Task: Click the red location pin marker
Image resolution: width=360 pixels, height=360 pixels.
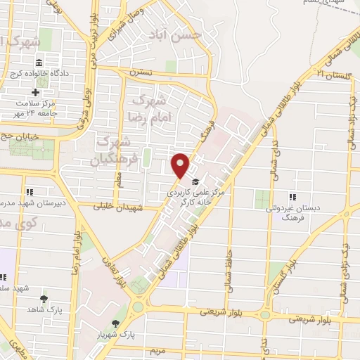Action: click(181, 165)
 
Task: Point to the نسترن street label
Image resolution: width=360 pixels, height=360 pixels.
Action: click(141, 72)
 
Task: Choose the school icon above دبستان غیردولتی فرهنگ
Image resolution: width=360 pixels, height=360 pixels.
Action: click(293, 197)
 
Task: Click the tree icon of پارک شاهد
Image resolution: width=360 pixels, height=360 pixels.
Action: click(44, 298)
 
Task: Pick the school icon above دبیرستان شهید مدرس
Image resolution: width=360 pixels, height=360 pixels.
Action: click(30, 191)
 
